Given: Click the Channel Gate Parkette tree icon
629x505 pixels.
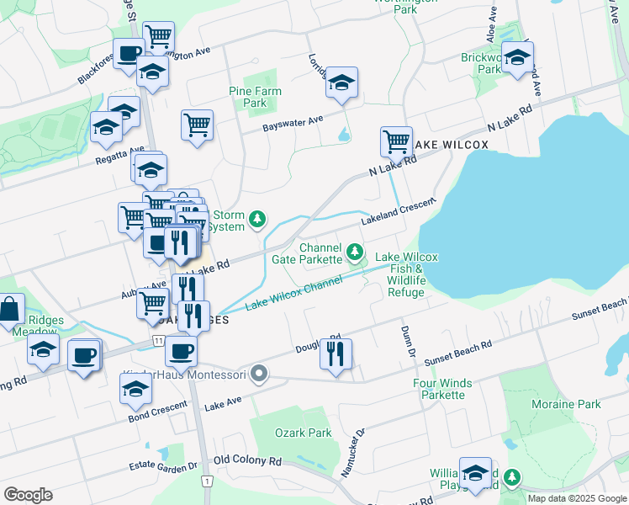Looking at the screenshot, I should (x=356, y=251).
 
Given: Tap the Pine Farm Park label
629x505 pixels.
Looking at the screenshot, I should (x=256, y=97).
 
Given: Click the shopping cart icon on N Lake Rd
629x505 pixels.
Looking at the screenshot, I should (x=396, y=141).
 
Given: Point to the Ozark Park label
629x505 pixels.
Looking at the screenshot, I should (x=304, y=433).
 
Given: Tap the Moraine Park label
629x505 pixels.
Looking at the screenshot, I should (x=566, y=404).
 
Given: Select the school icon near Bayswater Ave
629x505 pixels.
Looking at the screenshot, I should (x=341, y=82).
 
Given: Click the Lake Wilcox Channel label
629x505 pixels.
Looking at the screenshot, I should (x=293, y=294).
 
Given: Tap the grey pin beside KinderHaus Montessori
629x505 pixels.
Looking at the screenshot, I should (x=260, y=374).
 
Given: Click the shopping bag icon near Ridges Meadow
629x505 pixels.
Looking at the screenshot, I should (x=9, y=309).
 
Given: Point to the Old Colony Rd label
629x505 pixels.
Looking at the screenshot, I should (x=247, y=460).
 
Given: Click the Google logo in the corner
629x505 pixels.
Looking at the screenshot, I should (x=28, y=494).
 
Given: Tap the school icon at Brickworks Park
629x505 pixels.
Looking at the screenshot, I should (x=518, y=57).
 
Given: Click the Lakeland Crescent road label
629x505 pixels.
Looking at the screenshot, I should (x=399, y=211).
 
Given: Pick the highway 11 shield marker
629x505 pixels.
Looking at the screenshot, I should (x=157, y=340).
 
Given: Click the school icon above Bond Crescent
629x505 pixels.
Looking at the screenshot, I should (x=135, y=389).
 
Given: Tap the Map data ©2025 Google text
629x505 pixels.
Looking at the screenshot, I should (x=577, y=497).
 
